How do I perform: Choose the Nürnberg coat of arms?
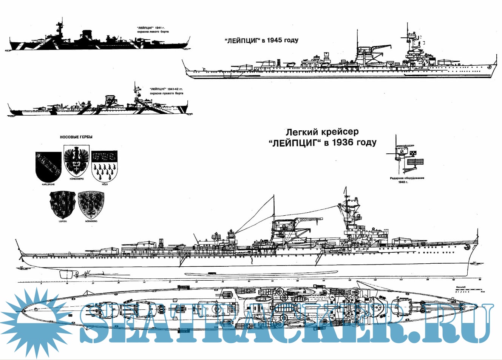[91, 204]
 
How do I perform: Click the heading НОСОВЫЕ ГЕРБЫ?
[76, 137]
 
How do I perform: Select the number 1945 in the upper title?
[275, 40]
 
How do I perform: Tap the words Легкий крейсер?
[322, 132]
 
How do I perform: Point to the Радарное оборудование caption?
[407, 178]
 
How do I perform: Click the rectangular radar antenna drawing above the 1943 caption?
[415, 162]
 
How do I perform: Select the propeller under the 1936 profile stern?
[87, 273]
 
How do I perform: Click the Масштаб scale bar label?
[460, 287]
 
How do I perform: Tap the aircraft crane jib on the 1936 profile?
[310, 219]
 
